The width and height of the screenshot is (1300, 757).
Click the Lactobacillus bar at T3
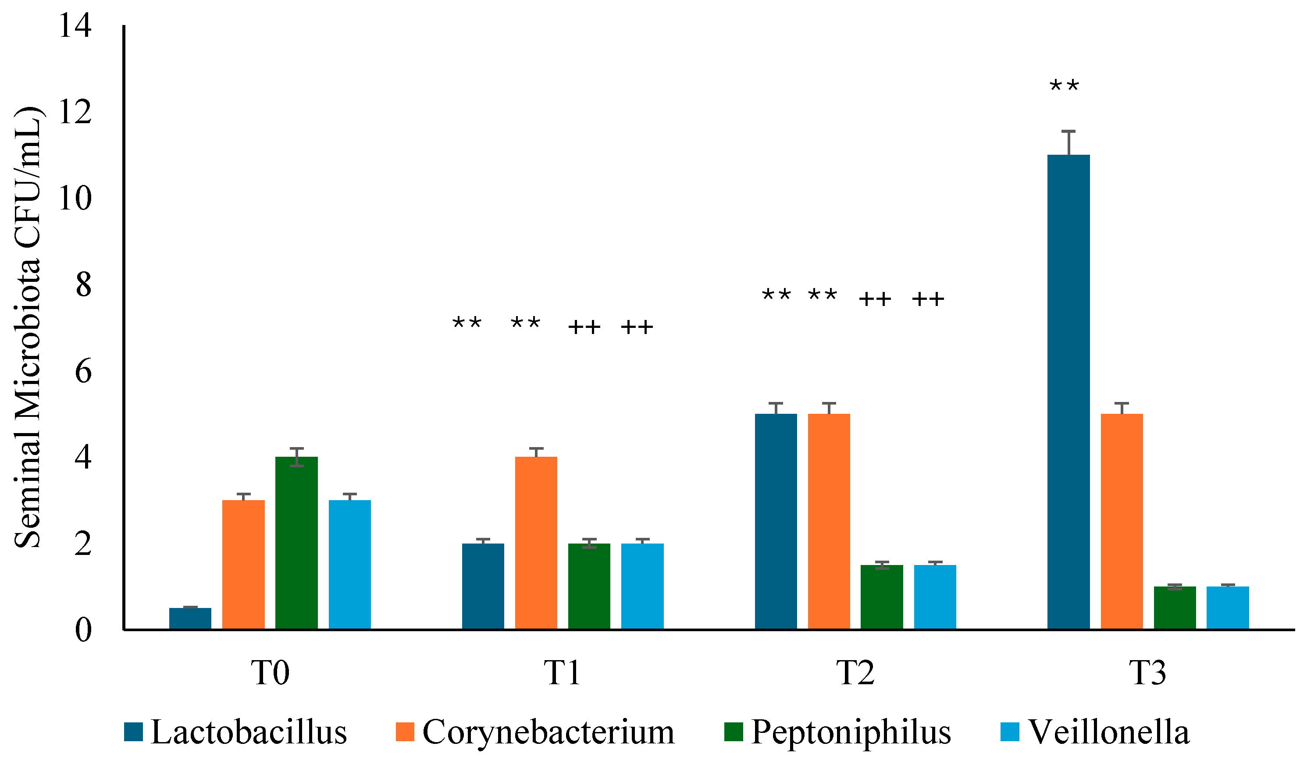click(1068, 392)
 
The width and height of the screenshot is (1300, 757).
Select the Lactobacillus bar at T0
click(190, 618)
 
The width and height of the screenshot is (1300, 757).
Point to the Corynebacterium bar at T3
click(1122, 521)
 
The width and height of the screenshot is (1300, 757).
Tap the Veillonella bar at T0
click(350, 564)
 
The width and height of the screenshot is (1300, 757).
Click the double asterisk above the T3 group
click(1064, 86)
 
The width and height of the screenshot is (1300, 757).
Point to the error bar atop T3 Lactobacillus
click(1068, 142)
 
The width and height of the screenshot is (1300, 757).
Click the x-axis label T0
click(270, 672)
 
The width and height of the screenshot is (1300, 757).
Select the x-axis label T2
click(855, 672)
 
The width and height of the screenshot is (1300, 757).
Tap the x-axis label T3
click(1147, 672)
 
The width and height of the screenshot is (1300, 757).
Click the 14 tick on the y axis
click(75, 26)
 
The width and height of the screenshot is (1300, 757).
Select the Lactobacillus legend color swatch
click(133, 732)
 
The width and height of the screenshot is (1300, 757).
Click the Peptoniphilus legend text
click(851, 732)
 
